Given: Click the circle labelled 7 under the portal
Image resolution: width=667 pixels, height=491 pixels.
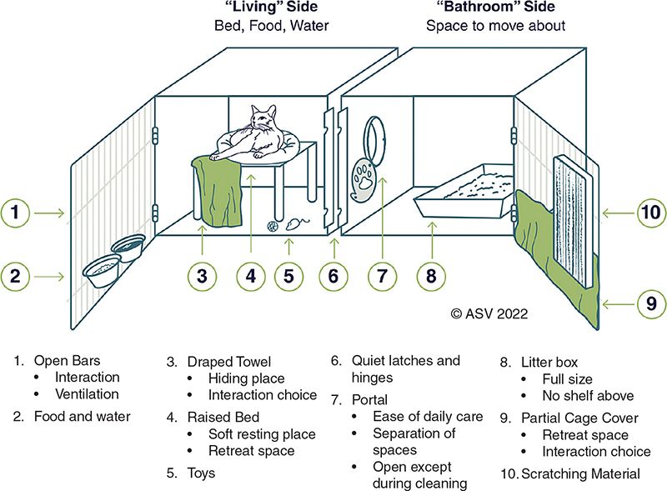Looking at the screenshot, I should coord(381,276).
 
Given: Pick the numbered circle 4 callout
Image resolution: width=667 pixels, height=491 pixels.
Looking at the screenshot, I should coord(252,276).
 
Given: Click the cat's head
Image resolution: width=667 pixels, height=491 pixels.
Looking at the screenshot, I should coord(265,120).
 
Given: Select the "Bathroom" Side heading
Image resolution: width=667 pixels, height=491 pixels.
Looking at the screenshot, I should coord(495,8).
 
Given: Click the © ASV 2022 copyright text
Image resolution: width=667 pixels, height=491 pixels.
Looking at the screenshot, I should coord(489,314).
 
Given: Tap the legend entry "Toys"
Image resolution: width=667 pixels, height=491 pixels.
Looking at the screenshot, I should coord(200,473).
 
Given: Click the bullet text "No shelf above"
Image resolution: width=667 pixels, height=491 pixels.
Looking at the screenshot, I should coord(589,396).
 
